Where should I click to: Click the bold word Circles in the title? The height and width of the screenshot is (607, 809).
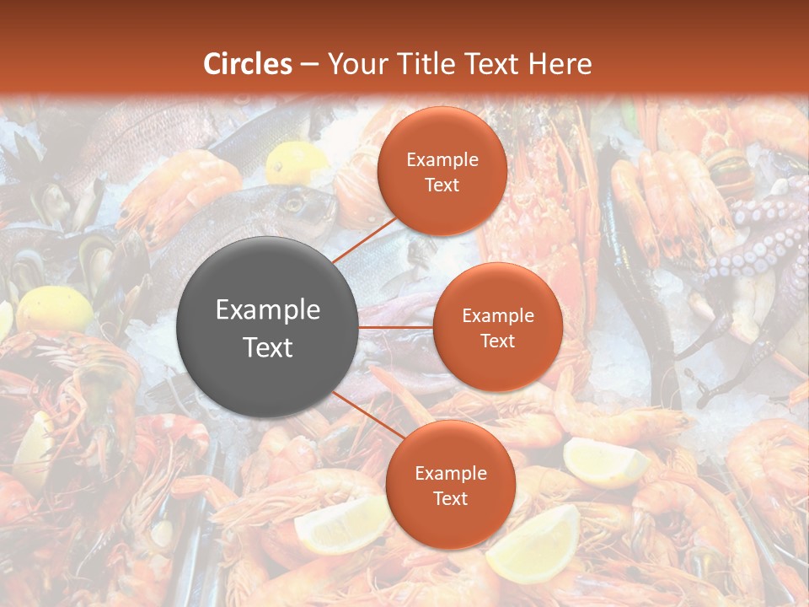(248, 64)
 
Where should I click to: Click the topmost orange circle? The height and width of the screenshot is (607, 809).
(442, 171)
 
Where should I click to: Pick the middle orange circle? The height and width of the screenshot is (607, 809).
(497, 327)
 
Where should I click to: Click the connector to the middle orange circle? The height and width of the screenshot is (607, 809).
(395, 327)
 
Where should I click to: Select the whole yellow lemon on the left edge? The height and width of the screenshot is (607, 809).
(54, 310)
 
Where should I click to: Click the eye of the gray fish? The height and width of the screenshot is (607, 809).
(293, 202)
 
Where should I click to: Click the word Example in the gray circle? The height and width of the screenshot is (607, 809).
(267, 310)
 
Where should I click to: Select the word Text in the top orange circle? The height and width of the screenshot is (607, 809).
(442, 185)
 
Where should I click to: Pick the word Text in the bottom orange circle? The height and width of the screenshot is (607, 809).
(450, 499)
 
